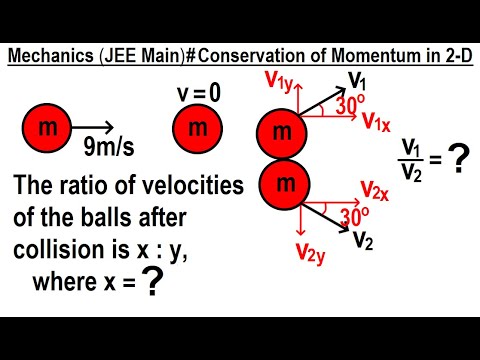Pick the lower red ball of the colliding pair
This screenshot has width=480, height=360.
tap(283, 183)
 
